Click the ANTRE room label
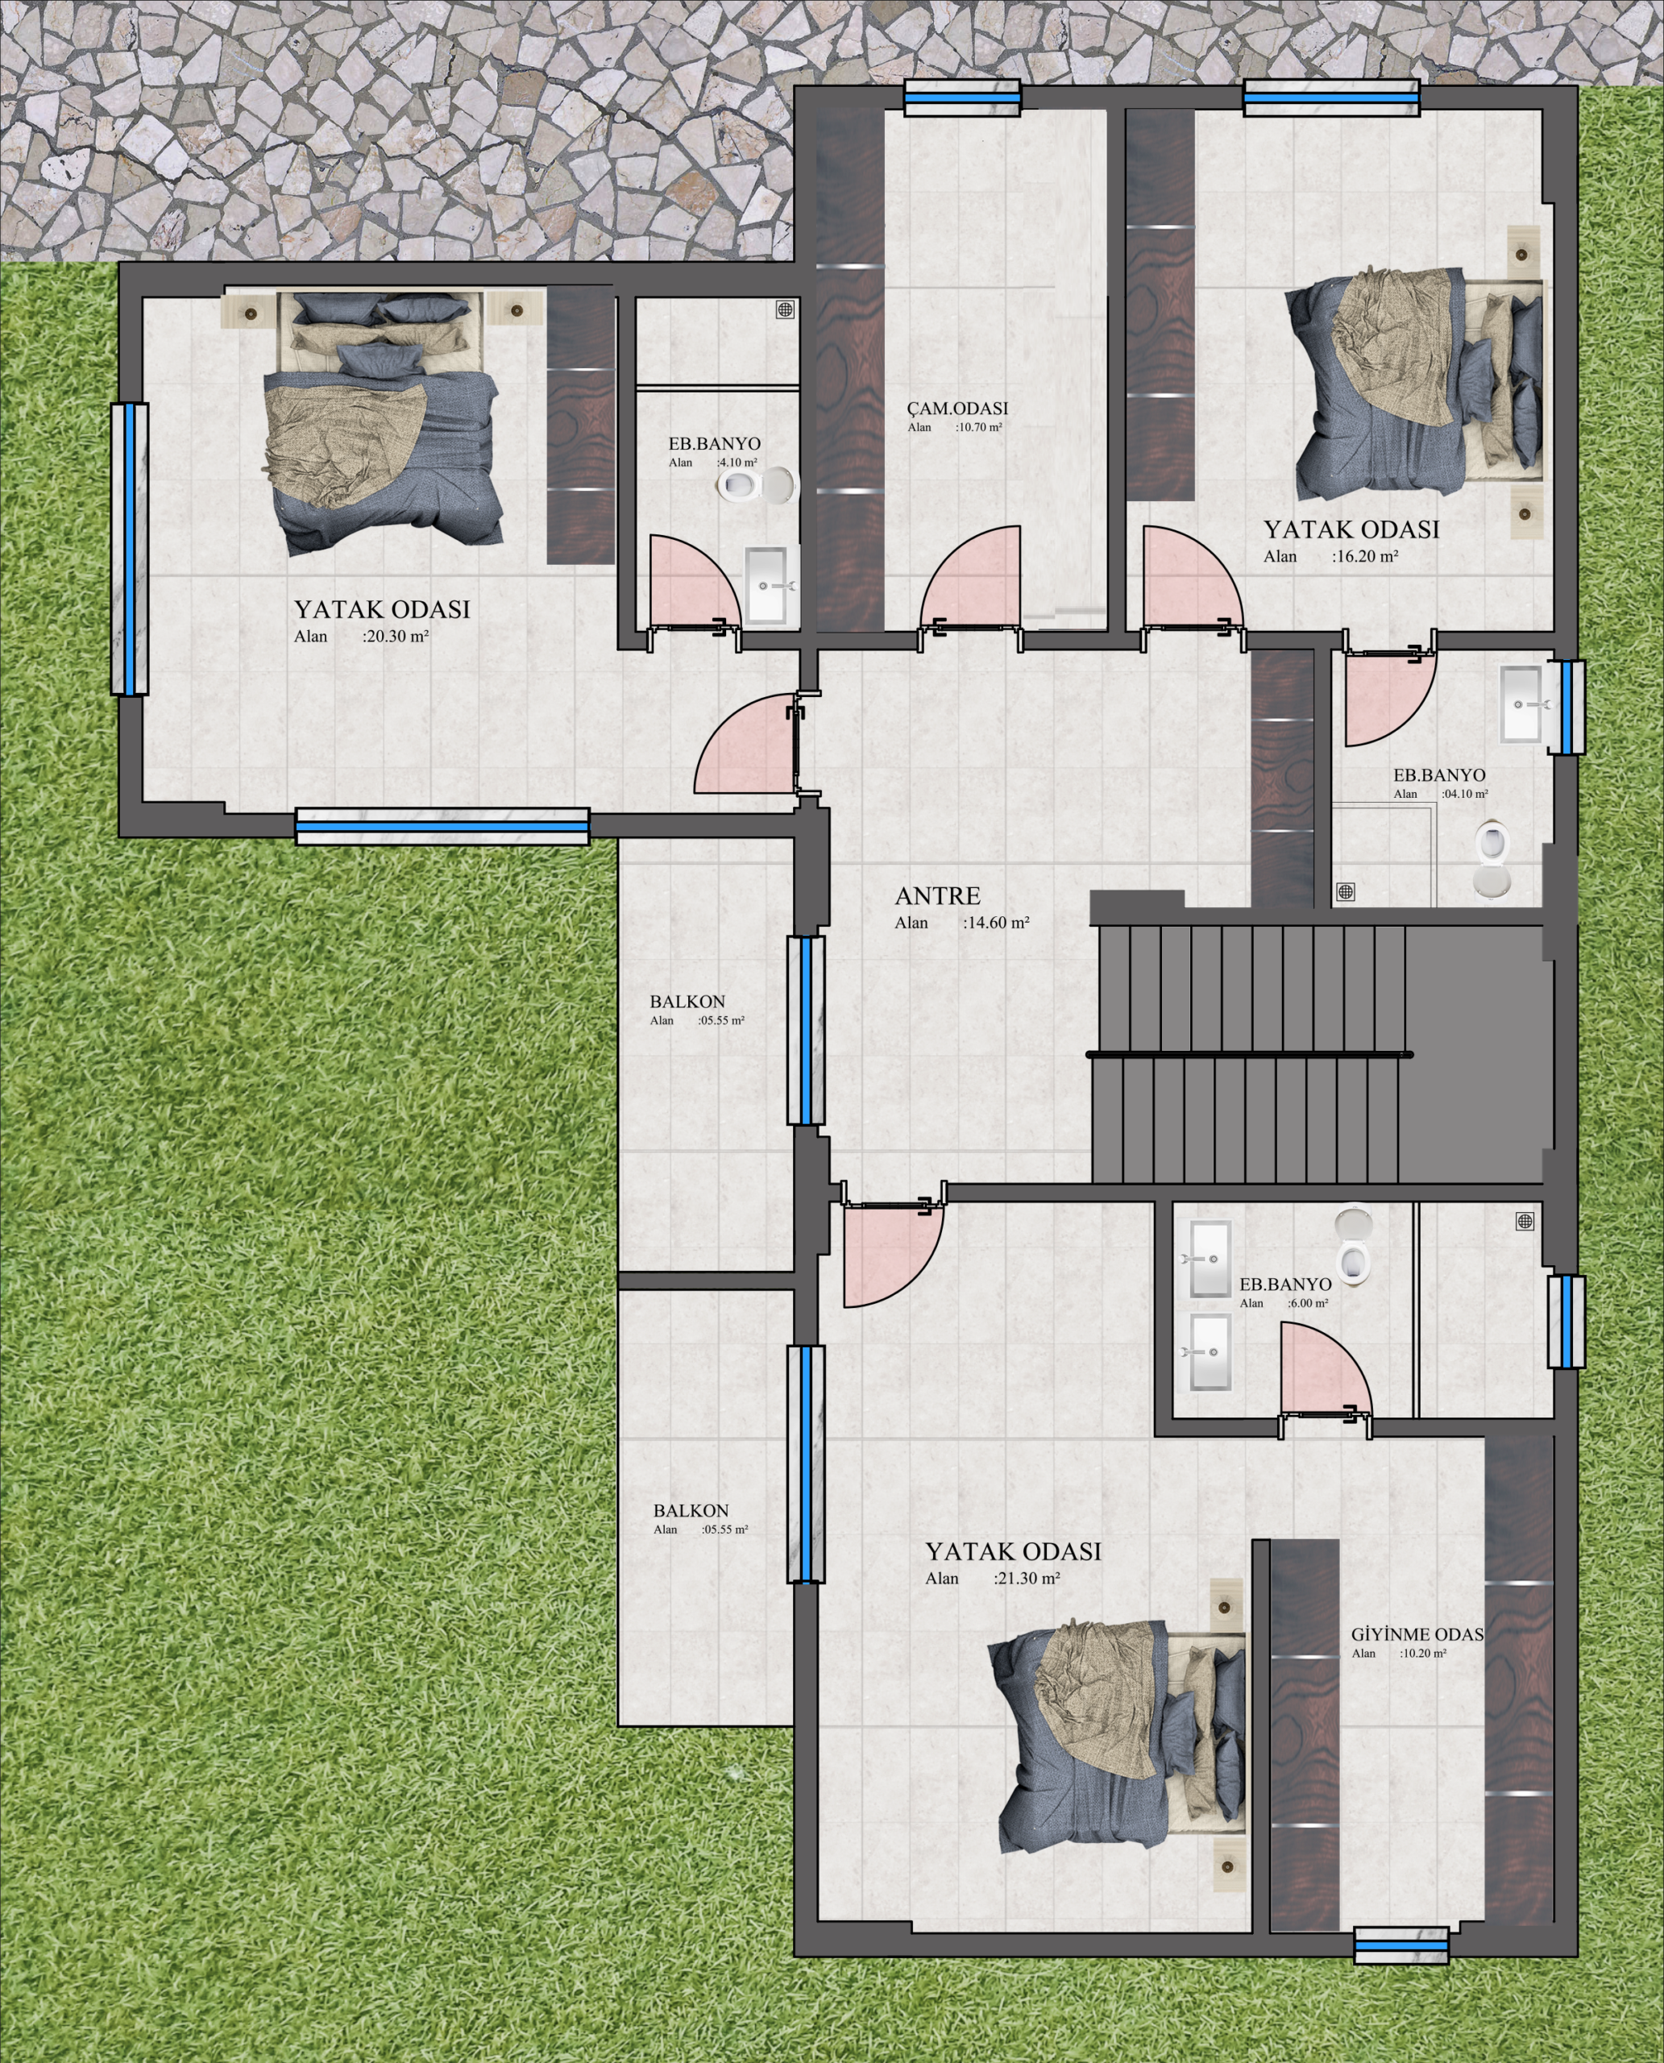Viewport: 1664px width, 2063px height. [x=937, y=896]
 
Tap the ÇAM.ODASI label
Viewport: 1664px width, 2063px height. [x=957, y=409]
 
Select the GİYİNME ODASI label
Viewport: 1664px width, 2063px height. [x=1417, y=1634]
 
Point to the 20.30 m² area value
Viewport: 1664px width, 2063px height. [x=396, y=636]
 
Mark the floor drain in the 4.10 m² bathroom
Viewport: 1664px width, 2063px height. [x=785, y=309]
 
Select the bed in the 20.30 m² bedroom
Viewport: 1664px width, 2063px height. [x=380, y=421]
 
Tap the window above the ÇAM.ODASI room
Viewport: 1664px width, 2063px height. [x=963, y=96]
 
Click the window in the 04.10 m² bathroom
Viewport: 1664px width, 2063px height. [x=1566, y=707]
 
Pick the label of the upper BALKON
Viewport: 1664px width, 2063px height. [x=687, y=1002]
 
